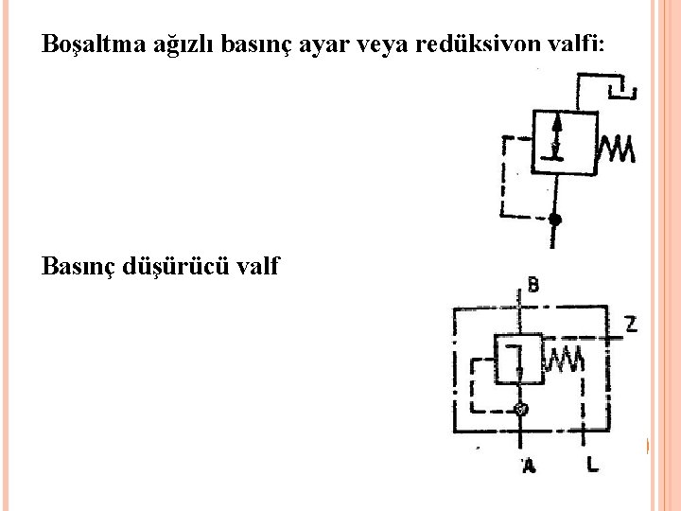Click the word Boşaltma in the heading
[x=86, y=45]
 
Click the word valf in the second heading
[x=256, y=266]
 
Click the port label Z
[x=630, y=325]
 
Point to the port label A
[x=529, y=465]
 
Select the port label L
[x=591, y=465]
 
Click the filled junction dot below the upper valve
[x=555, y=220]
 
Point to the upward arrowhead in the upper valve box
[x=557, y=125]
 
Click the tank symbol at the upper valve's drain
[x=623, y=91]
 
